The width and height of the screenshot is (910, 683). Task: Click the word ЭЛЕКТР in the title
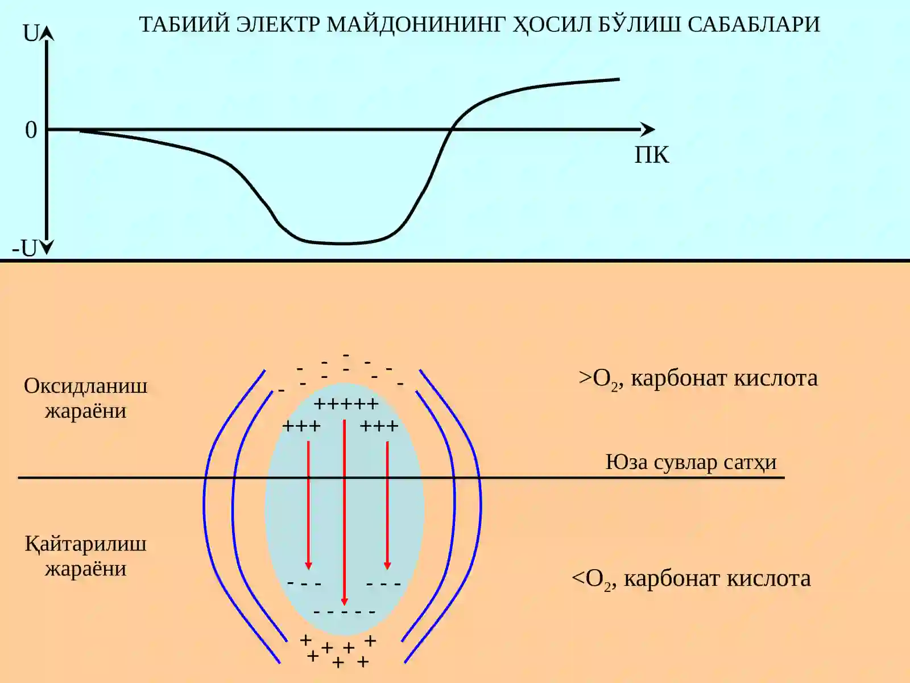pyautogui.click(x=278, y=24)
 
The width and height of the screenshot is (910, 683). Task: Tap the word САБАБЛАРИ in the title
pyautogui.click(x=754, y=24)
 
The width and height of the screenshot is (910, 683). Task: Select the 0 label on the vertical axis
pyautogui.click(x=31, y=130)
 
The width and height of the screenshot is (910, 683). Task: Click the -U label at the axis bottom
pyautogui.click(x=24, y=248)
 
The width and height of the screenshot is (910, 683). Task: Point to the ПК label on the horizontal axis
pyautogui.click(x=652, y=155)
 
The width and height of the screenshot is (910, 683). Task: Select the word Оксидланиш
pyautogui.click(x=85, y=386)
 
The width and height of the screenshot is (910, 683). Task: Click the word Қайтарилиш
pyautogui.click(x=85, y=544)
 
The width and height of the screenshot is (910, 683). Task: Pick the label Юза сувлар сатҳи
pyautogui.click(x=691, y=462)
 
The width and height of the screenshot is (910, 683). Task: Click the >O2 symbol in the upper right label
pyautogui.click(x=598, y=379)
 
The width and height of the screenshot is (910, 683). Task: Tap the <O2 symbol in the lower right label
pyautogui.click(x=590, y=579)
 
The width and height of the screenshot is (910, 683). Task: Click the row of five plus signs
pyautogui.click(x=346, y=404)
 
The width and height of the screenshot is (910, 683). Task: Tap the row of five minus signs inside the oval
pyautogui.click(x=345, y=612)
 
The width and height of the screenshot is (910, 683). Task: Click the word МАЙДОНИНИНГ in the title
pyautogui.click(x=416, y=24)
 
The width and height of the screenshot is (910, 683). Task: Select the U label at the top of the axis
pyautogui.click(x=30, y=34)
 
